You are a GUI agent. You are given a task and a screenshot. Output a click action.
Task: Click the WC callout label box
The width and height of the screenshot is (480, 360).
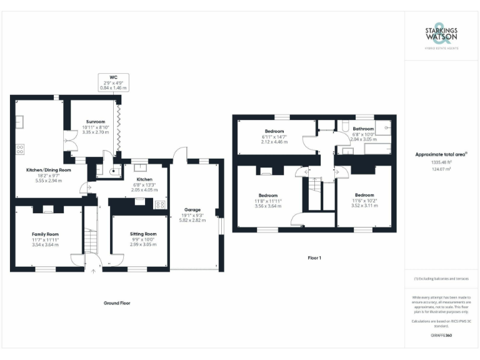pyautogui.click(x=113, y=83)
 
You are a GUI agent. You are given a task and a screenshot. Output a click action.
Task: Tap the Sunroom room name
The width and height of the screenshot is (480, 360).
pyautogui.click(x=96, y=122)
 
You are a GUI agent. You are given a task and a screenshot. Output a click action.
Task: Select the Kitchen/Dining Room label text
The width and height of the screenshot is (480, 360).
pyautogui.click(x=48, y=170)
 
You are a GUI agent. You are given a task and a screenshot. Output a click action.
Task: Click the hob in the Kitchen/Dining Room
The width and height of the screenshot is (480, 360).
pyautogui.click(x=19, y=149)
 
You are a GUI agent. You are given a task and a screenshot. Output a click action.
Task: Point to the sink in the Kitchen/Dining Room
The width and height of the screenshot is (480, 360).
pyautogui.click(x=19, y=121)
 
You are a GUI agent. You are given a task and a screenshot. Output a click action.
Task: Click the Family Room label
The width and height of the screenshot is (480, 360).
pyautogui.click(x=45, y=234)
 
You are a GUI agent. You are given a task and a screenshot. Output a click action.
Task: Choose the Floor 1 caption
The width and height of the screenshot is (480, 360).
pyautogui.click(x=314, y=257)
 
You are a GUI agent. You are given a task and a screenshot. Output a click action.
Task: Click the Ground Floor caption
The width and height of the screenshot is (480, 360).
pyautogui.click(x=117, y=302)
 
